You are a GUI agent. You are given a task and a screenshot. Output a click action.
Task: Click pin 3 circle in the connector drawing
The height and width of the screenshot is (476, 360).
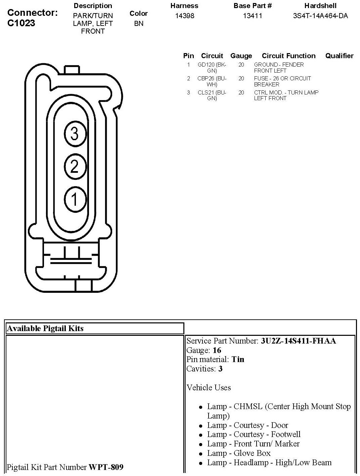point(75,134)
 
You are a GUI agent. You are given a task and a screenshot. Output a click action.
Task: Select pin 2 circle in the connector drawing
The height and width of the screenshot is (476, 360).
point(75,166)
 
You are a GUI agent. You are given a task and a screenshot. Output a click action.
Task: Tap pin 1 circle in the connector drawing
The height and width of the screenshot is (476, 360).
point(75,199)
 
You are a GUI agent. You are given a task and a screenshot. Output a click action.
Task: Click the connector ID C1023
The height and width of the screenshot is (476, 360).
point(21,23)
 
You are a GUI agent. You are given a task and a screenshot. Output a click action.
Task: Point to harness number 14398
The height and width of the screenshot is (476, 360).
point(185,15)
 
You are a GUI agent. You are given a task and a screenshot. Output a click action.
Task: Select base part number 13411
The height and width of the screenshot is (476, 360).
point(253,15)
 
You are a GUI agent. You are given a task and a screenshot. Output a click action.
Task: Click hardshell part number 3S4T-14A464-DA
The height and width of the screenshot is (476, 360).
point(320,15)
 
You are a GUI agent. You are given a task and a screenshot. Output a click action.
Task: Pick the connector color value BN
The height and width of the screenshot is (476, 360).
point(139,24)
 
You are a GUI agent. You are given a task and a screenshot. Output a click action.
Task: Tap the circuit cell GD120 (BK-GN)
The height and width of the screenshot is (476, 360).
point(212,68)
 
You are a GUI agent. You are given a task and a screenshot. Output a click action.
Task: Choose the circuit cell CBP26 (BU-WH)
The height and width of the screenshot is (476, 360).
point(212,81)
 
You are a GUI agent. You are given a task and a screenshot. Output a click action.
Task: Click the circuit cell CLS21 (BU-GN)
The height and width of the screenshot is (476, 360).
point(212,95)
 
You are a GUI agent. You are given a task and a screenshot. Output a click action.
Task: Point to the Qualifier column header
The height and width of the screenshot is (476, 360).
point(339,56)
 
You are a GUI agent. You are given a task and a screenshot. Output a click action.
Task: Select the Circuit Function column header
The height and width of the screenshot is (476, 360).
point(288,56)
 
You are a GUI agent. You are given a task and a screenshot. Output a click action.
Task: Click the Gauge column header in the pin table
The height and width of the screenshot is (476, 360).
point(241,56)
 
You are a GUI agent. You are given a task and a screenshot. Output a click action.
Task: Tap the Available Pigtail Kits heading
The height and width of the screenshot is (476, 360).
point(45,328)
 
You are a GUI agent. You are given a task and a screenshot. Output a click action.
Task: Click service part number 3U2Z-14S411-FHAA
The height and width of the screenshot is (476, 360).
point(298,341)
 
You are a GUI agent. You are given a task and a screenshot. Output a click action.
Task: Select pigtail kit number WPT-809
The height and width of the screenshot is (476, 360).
point(106,467)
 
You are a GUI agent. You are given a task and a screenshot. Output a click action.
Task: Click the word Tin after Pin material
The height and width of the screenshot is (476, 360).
point(238,359)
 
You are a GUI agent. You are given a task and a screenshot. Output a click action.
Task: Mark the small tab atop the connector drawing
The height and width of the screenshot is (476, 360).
point(72,70)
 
